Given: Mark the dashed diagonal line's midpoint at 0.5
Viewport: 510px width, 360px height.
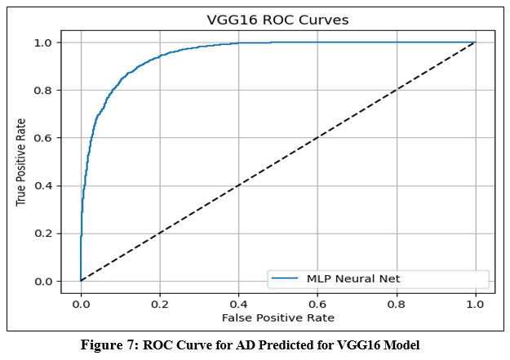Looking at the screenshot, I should [x=277, y=162].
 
